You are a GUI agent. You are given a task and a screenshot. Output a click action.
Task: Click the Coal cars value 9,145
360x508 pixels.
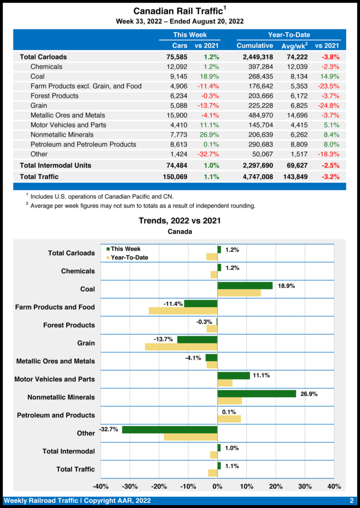click(x=177, y=76)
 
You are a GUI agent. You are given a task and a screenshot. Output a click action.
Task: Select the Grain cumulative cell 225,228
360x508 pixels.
click(x=258, y=105)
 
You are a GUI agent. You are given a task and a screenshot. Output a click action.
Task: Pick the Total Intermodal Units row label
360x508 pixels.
click(x=55, y=165)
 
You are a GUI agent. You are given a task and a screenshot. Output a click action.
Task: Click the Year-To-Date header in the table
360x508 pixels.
click(x=288, y=35)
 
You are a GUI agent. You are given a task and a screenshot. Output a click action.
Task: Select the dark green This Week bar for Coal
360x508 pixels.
click(x=245, y=285)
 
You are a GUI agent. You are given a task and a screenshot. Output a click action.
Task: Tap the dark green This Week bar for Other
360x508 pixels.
click(x=170, y=430)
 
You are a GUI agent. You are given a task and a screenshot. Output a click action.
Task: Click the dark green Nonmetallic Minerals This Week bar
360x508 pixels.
click(x=257, y=393)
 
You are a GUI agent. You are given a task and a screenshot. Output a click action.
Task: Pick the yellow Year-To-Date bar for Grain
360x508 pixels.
click(x=181, y=347)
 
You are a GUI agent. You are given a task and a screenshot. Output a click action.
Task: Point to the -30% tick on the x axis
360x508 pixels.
click(x=130, y=486)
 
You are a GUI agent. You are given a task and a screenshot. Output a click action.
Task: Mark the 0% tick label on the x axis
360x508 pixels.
click(x=217, y=486)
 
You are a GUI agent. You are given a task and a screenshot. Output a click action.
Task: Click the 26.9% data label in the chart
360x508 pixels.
click(x=309, y=394)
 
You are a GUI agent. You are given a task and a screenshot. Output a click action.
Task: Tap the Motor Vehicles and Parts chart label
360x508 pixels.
click(x=55, y=380)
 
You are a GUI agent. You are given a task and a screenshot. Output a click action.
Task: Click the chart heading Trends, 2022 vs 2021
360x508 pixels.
click(x=180, y=220)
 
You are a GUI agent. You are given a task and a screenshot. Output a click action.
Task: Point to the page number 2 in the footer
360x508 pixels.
click(x=351, y=501)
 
